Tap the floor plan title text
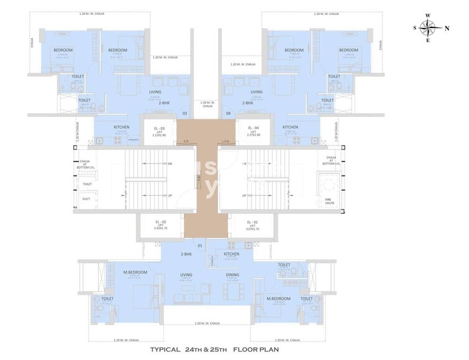234,349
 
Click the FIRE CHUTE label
327,201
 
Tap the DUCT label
86,199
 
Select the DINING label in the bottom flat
232,275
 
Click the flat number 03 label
184,113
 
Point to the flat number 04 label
229,113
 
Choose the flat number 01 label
200,246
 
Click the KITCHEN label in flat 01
231,254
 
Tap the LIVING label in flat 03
155,92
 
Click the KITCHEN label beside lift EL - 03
121,127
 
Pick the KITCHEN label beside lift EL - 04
290,127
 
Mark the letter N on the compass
447,28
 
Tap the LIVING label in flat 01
185,274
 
